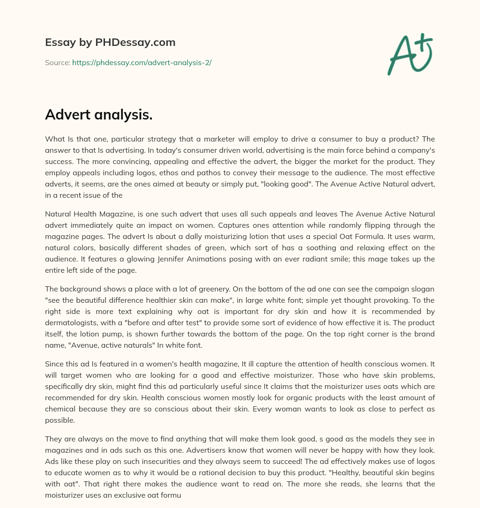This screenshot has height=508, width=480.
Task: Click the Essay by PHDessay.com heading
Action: pos(110,43)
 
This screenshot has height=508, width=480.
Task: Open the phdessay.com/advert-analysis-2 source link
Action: pos(142,62)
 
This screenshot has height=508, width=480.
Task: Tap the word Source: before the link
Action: pos(58,62)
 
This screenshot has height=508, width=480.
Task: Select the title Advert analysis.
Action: pos(99,114)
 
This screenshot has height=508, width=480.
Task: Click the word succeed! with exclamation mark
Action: pos(284,463)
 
